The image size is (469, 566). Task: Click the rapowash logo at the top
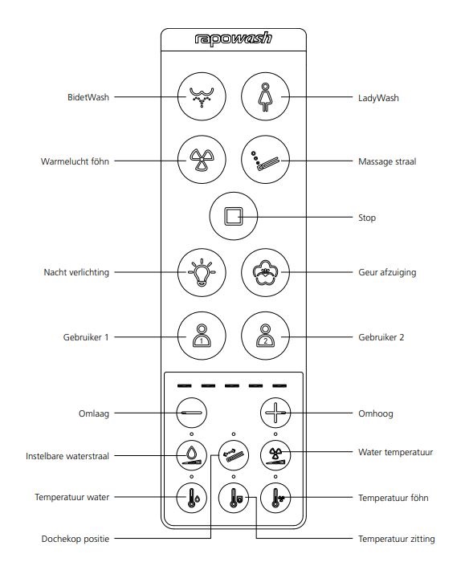pos(233,39)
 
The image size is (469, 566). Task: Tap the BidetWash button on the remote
pos(202,96)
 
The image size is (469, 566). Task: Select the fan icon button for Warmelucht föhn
pos(202,160)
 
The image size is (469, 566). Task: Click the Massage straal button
pos(265,160)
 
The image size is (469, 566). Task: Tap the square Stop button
pos(234,216)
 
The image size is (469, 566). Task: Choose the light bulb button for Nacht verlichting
pos(202,272)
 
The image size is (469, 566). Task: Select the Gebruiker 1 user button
pos(202,336)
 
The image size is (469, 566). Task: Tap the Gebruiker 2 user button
pos(265,336)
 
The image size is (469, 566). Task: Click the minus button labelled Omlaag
pos(192,413)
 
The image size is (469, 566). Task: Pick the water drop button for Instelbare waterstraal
pos(192,455)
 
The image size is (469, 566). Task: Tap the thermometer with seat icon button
pos(234,498)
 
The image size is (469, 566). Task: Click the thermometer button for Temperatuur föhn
pos(275,498)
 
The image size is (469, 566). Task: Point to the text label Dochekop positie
pos(75,539)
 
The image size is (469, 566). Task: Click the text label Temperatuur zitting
pos(397,539)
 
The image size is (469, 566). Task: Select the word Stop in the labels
pos(367,218)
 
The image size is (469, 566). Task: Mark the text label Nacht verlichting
pos(76,272)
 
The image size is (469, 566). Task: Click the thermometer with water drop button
pos(192,498)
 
